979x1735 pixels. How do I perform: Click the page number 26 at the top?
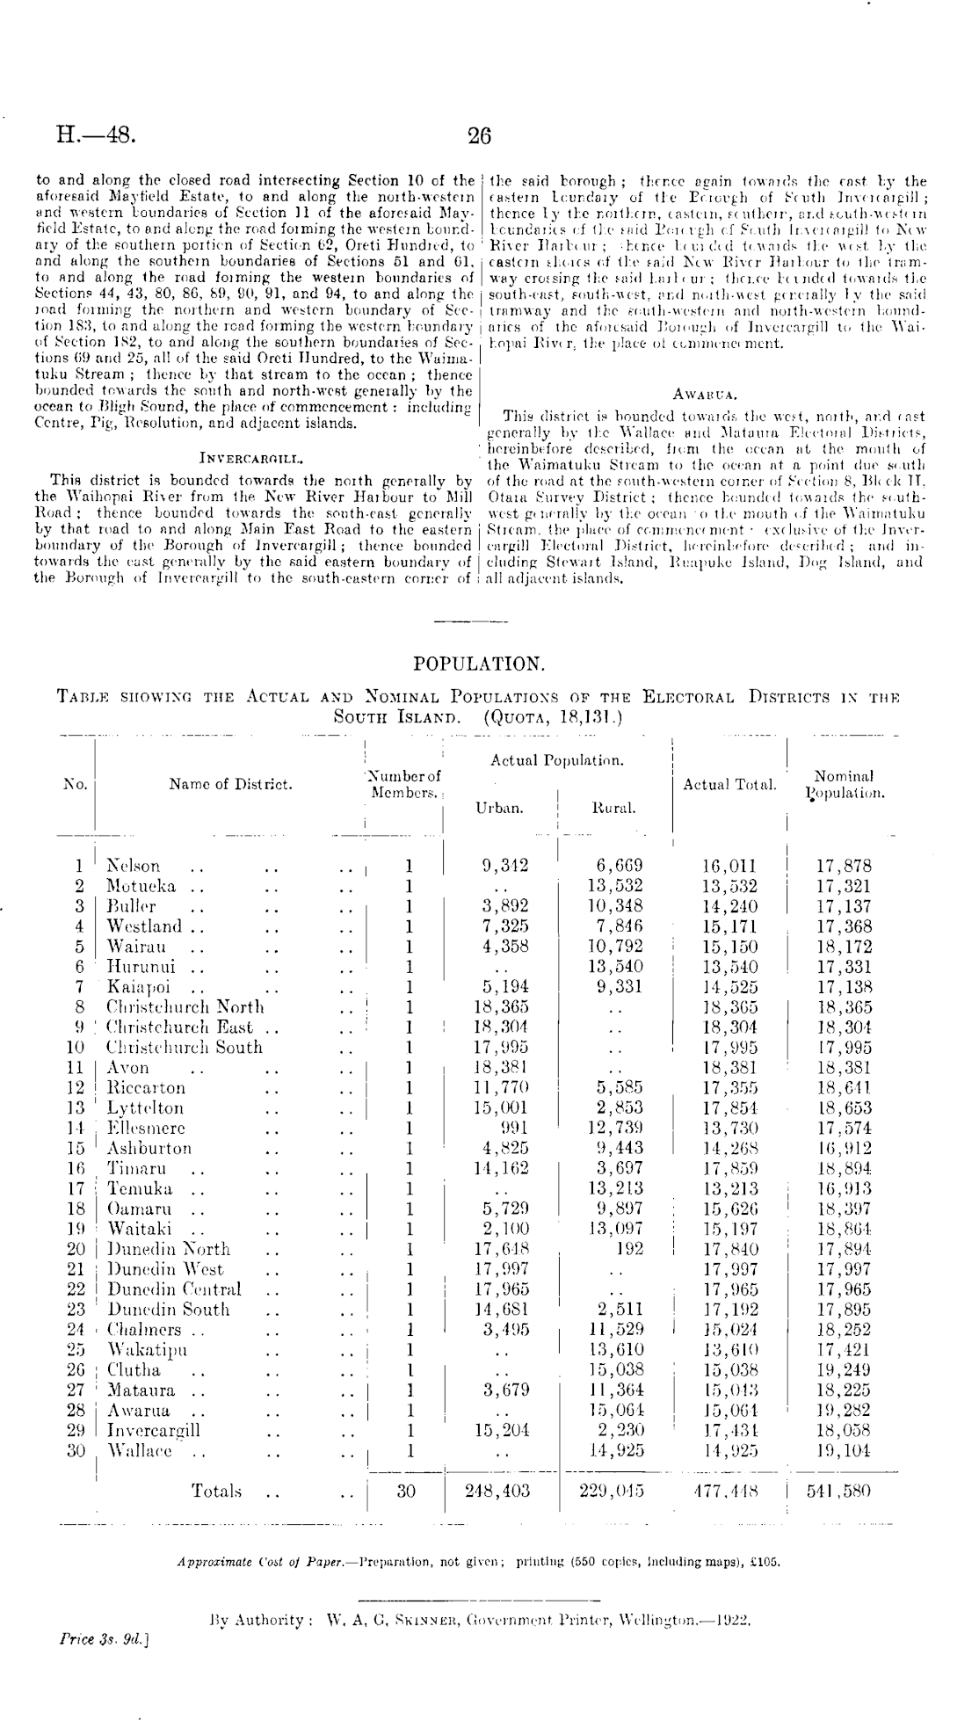point(479,135)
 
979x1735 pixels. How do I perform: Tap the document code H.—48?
point(95,135)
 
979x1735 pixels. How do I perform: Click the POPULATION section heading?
point(479,664)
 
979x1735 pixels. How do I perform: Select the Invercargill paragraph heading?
point(252,457)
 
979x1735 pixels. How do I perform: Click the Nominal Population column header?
point(845,785)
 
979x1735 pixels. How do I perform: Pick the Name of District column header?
point(230,784)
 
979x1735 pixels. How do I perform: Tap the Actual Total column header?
point(729,784)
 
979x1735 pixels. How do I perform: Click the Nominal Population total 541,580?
point(845,1491)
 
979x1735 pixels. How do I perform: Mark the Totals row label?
point(216,1491)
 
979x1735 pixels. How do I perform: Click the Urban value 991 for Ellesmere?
point(512,1128)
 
